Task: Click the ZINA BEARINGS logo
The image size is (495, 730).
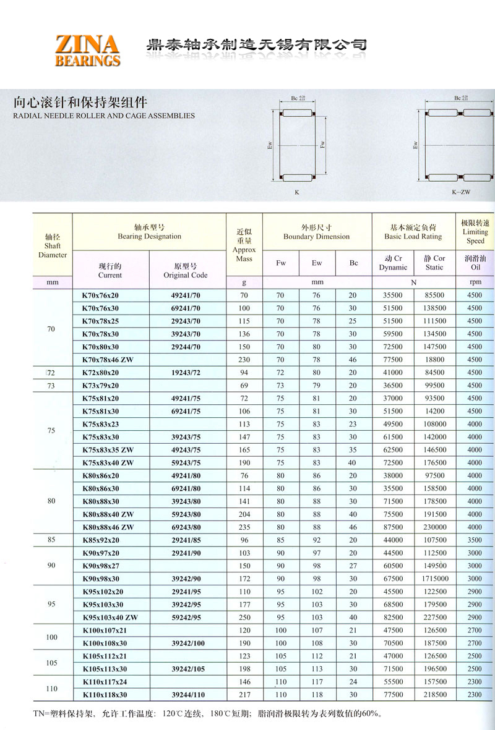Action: click(87, 50)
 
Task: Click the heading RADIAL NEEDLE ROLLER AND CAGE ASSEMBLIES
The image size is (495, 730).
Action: click(104, 116)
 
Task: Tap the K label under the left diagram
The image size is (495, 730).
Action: click(296, 193)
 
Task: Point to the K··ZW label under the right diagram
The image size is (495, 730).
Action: click(460, 192)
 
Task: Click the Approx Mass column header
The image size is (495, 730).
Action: click(244, 245)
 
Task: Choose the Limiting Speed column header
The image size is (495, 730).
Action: click(475, 232)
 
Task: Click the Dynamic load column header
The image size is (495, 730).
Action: click(393, 263)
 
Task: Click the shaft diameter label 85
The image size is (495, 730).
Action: click(51, 540)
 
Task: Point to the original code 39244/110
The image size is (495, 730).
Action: click(187, 695)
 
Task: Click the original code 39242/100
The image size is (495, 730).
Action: click(187, 643)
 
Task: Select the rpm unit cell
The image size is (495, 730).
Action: click(475, 282)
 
